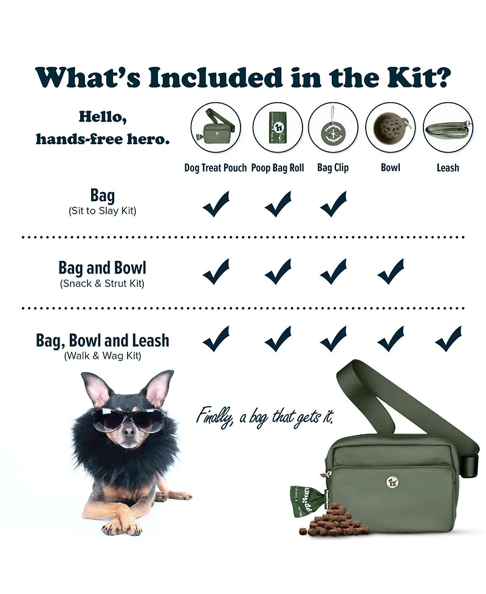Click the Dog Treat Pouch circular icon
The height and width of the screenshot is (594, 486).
click(216, 127)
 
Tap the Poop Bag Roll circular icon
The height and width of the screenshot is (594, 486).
click(278, 127)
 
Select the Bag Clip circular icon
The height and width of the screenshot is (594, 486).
click(334, 127)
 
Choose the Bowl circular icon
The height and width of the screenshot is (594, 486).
click(390, 127)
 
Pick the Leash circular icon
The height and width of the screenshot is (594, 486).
click(448, 127)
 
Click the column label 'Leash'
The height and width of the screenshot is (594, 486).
click(448, 168)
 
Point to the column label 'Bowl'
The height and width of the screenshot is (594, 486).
click(390, 168)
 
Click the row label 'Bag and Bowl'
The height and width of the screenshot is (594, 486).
click(102, 268)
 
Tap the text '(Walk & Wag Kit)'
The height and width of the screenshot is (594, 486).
click(102, 356)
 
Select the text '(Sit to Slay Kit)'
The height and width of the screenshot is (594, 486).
click(102, 211)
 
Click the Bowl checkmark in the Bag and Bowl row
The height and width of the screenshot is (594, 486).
click(391, 271)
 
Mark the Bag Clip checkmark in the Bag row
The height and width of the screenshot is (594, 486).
click(334, 204)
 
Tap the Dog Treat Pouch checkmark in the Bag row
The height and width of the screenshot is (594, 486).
click(216, 204)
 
